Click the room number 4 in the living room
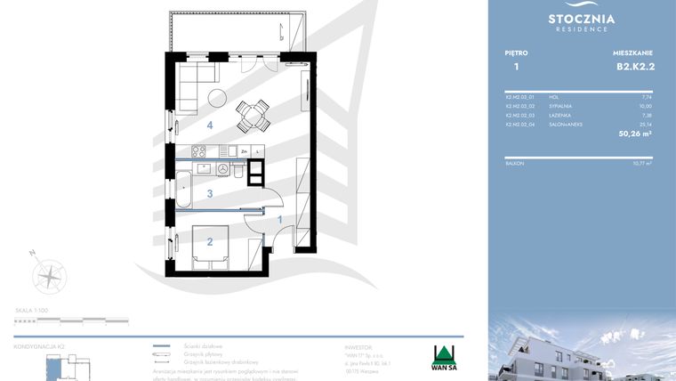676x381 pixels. pos(210,126)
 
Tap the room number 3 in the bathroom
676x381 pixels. pos(210,193)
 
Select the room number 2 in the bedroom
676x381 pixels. pos(210,240)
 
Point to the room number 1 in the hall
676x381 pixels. pos(280,219)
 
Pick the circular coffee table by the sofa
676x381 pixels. pos(216,97)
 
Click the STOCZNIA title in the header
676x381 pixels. pos(582,18)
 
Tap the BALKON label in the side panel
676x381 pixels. pos(513,164)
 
